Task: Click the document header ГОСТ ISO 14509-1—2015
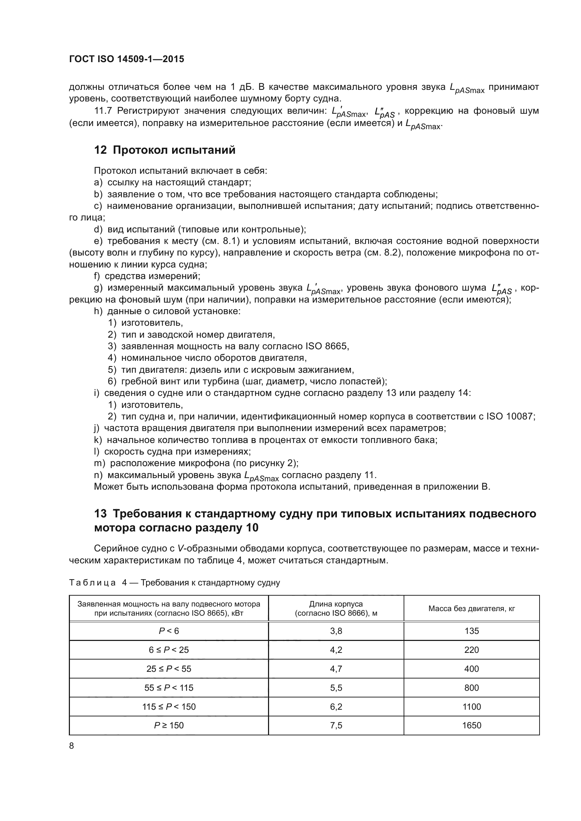coord(127,59)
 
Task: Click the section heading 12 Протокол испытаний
coord(164,150)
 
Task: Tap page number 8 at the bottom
coord(72,746)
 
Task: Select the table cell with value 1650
coord(471,725)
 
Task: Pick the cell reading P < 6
coord(169,631)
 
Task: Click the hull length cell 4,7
coord(336,669)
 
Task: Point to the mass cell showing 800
coord(471,688)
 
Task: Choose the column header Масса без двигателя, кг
coord(471,609)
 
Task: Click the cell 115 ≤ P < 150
coord(169,707)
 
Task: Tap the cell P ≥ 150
coord(169,725)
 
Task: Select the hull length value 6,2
coord(336,707)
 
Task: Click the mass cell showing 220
coord(471,650)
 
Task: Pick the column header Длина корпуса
coord(336,604)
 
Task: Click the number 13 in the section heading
coord(100,514)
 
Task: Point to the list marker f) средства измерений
coord(97,276)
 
